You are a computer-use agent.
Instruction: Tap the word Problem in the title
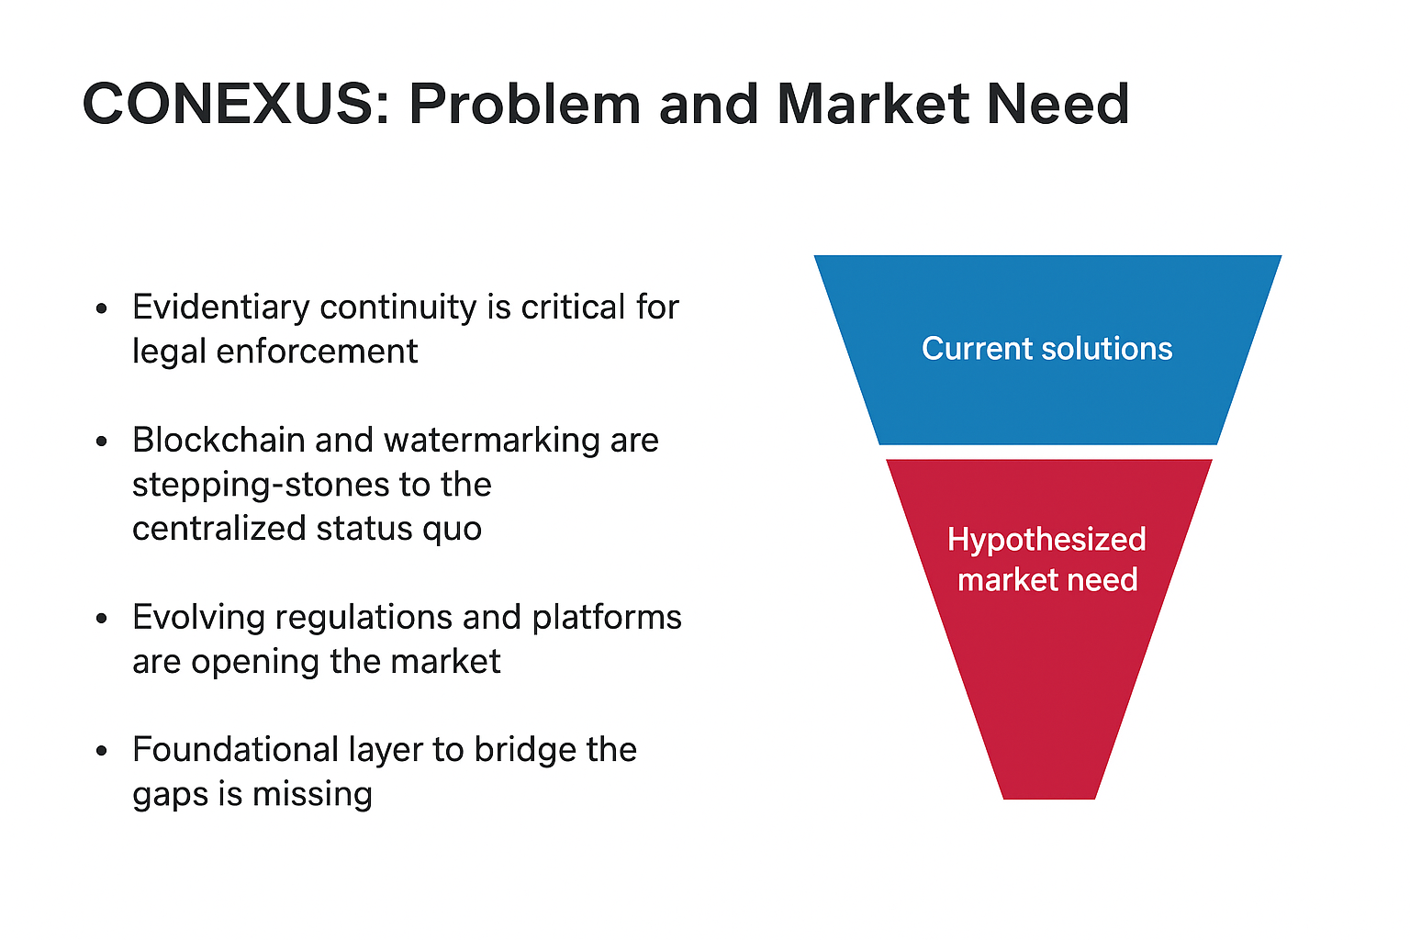[524, 104]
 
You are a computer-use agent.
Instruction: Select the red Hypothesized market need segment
[1047, 643]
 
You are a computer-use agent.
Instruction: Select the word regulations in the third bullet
[364, 617]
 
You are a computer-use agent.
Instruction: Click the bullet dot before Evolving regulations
[102, 619]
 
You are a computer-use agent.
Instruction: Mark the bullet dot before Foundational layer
[102, 751]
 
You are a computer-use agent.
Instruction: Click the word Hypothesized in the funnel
[1046, 540]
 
